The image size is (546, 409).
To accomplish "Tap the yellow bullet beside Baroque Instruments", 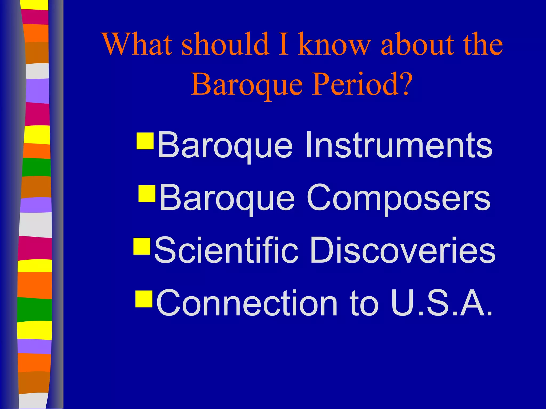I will click(145, 141).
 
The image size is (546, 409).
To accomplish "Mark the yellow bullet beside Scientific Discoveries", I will click(142, 246).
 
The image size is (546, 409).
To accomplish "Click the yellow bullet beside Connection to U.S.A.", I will click(144, 299).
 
